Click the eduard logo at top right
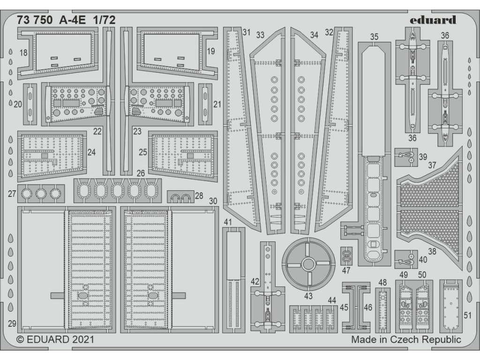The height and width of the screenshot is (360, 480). click(432, 20)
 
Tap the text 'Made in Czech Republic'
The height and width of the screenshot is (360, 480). click(406, 339)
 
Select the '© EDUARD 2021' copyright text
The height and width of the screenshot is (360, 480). click(56, 339)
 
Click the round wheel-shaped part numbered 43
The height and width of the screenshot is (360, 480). click(307, 263)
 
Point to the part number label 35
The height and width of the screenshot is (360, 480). click(374, 37)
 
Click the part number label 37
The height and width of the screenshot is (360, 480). click(432, 165)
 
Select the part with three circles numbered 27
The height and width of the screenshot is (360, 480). click(41, 192)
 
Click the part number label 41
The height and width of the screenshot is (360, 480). click(228, 222)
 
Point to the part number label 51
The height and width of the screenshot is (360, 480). click(467, 315)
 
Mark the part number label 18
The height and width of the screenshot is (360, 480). click(23, 52)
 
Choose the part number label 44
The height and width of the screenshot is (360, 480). click(332, 300)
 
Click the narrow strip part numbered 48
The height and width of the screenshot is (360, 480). click(382, 307)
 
